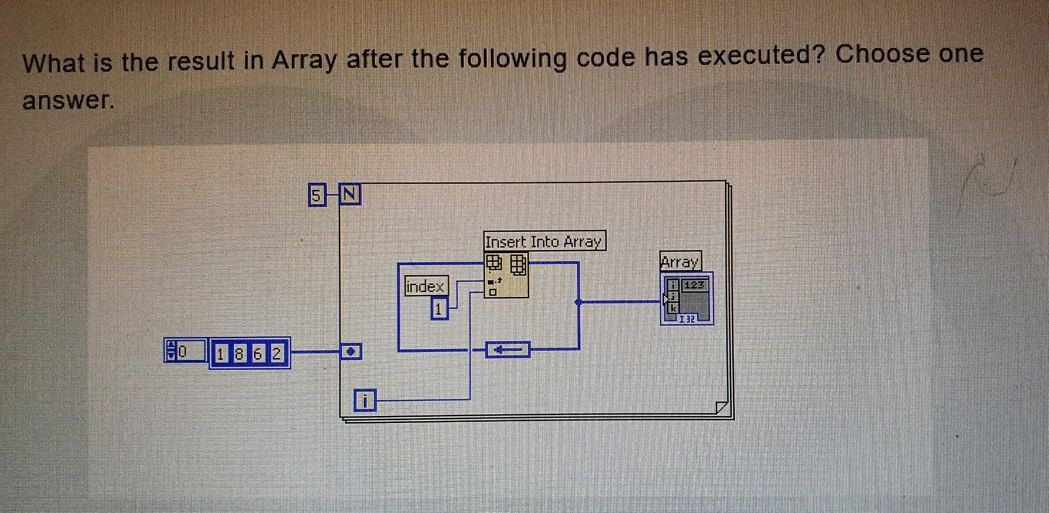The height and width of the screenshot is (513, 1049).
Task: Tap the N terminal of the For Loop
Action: coord(350,194)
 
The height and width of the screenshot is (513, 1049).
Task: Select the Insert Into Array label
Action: coord(544,241)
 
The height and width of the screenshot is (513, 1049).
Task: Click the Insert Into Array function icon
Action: coord(506,275)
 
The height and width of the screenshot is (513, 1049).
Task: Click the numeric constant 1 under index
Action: coord(439,309)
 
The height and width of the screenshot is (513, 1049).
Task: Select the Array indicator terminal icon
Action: coord(687,299)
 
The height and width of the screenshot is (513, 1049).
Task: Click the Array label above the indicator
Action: coord(680,262)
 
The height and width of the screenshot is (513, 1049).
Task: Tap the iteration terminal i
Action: coord(365,401)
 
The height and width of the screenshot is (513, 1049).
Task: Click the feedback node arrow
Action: coord(508,349)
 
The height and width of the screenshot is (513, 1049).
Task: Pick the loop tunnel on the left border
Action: coord(351,351)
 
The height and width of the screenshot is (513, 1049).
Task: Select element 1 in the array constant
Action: coord(220,354)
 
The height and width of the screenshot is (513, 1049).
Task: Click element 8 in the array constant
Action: coord(239,354)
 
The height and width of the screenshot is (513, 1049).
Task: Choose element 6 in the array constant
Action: coord(257,354)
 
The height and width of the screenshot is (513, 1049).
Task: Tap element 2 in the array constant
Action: coord(276,354)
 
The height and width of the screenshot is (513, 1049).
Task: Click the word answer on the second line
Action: coord(68,100)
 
